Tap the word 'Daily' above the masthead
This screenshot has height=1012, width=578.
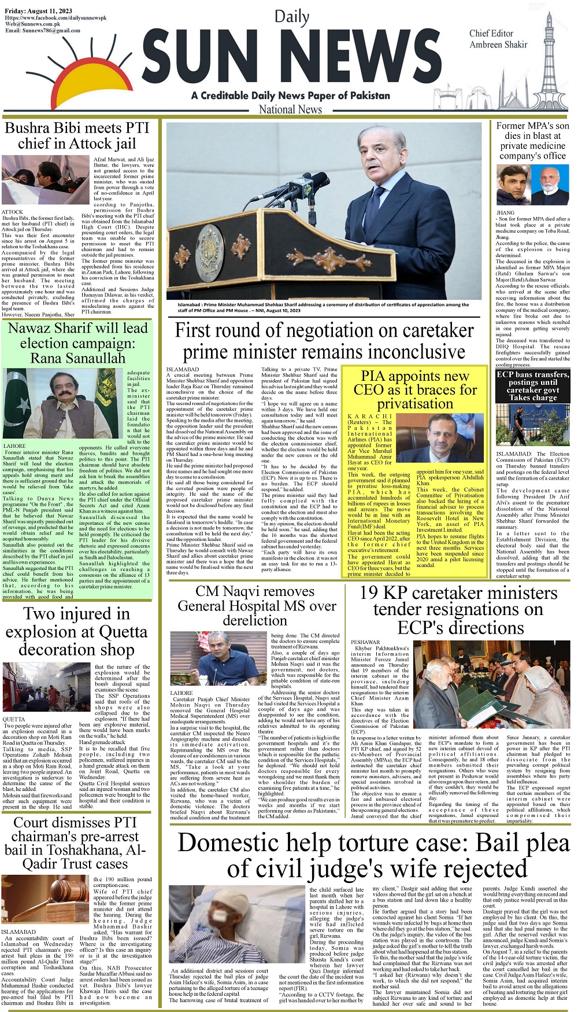click(291, 17)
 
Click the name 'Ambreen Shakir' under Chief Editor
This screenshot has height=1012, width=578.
click(498, 45)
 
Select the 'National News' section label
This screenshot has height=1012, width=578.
click(290, 109)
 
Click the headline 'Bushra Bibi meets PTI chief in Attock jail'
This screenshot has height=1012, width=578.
click(77, 135)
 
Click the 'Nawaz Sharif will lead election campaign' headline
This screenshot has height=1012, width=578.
click(77, 343)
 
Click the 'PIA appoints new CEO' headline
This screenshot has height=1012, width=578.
click(414, 389)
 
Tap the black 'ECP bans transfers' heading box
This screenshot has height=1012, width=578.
click(533, 386)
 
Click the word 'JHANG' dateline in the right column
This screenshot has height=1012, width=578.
click(505, 212)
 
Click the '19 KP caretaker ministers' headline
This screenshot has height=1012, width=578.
click(459, 610)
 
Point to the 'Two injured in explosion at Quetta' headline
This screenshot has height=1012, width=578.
click(76, 632)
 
